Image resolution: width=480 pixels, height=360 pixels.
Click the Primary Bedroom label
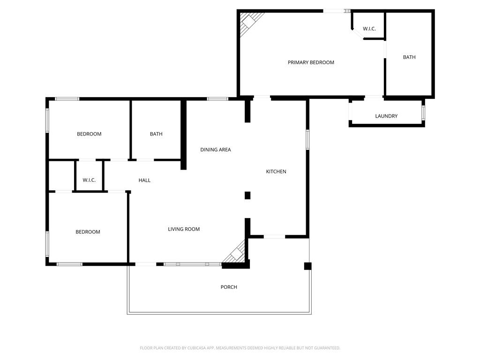[x=311, y=62]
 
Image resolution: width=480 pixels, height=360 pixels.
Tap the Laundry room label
[x=386, y=116]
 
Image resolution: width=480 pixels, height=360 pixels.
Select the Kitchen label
[x=276, y=172]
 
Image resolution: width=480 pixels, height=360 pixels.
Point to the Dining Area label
[x=216, y=150]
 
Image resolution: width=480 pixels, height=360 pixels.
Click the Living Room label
[x=184, y=229]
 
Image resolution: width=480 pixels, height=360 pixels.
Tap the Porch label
[x=229, y=287]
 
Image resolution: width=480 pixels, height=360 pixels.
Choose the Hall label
[x=144, y=180]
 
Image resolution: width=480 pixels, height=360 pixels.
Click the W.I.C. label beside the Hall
[x=89, y=180]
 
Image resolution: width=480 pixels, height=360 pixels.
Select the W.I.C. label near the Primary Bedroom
[x=369, y=29]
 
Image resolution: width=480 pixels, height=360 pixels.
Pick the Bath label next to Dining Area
[x=156, y=134]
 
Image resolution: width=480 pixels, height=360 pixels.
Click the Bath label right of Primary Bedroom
[x=409, y=57]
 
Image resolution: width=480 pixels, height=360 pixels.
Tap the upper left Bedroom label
[x=89, y=134]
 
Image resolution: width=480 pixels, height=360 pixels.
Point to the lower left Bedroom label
[x=88, y=232]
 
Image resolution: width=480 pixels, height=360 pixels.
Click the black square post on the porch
[x=307, y=266]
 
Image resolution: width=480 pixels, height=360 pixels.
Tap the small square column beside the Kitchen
[x=247, y=195]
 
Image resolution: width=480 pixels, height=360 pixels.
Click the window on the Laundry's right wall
[x=423, y=112]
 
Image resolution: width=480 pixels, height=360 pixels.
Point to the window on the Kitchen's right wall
[x=307, y=139]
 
